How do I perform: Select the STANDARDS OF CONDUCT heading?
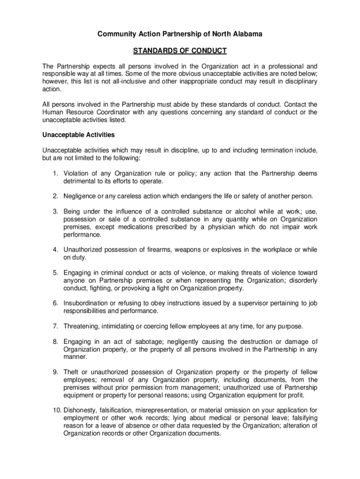click(x=180, y=51)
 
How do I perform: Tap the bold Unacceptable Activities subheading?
click(x=79, y=135)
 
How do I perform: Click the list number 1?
click(x=55, y=174)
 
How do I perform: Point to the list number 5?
click(x=55, y=273)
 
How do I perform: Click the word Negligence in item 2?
click(x=81, y=196)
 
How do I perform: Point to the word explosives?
click(x=216, y=249)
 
